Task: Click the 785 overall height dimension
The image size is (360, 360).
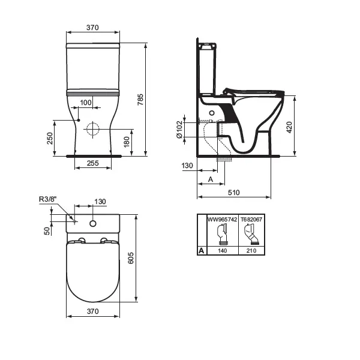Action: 140,100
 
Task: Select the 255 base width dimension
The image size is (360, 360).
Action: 93,163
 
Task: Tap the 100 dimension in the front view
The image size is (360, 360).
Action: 86,103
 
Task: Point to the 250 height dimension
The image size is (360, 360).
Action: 50,138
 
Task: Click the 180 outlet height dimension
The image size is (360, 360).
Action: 127,142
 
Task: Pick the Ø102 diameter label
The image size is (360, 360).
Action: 179,130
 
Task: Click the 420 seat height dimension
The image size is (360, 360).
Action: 289,127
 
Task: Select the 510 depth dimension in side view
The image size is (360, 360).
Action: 234,193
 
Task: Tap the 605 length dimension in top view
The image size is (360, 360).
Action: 131,258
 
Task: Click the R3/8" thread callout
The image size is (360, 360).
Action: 47,199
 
